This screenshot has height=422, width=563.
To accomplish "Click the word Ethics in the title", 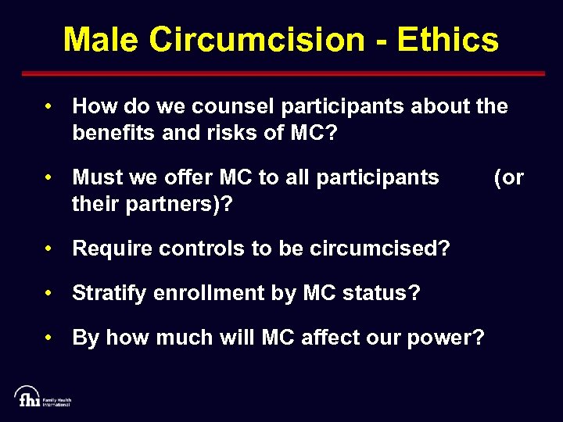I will (x=447, y=39).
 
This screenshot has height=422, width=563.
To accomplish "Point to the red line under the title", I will (x=281, y=73).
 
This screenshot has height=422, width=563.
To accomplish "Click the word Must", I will (x=95, y=177).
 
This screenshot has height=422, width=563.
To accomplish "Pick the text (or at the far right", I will (x=508, y=177).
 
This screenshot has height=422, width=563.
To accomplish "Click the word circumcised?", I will (x=380, y=249).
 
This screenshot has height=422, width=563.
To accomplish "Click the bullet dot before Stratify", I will (x=48, y=293).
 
